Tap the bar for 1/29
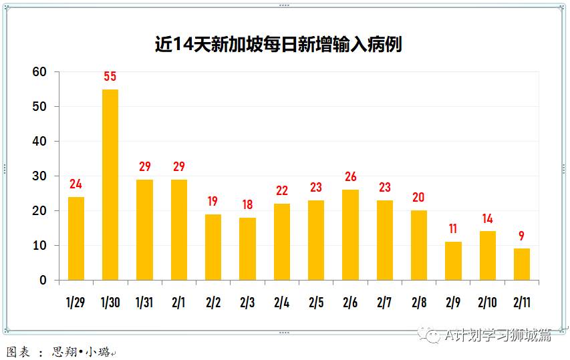point(76,238)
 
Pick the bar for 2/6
point(350,235)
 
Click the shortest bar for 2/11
point(522,264)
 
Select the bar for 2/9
point(453,261)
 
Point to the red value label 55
point(110,77)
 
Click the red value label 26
point(350,177)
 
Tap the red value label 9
point(522,236)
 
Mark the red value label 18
point(247,205)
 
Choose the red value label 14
point(488,218)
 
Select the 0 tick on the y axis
point(43,281)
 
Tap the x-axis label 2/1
point(178,303)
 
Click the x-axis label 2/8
point(418,303)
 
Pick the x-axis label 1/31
point(144,303)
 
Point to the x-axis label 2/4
point(281,303)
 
